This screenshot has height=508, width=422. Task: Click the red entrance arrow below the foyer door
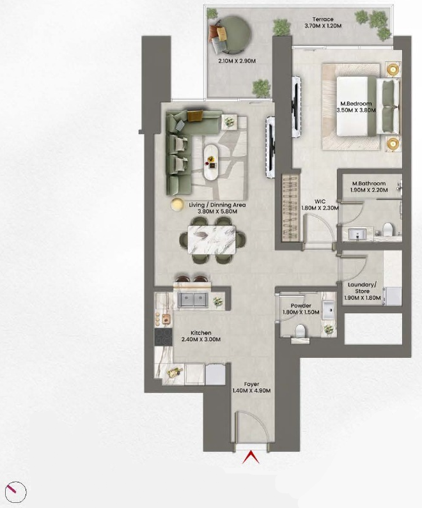coord(251,457)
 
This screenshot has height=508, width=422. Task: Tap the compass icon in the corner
coord(15,491)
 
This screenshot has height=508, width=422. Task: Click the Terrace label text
coord(323,19)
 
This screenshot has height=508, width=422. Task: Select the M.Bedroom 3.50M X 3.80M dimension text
coord(356,110)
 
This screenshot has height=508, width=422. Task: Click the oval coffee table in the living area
coord(213,162)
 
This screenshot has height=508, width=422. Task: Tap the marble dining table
coord(213,240)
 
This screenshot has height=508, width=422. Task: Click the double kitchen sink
coord(194,300)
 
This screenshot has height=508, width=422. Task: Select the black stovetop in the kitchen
coord(163,337)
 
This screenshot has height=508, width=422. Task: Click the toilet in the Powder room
coord(300,330)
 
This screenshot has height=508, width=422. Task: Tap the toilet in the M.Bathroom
coord(388,229)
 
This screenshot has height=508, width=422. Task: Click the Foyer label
coord(251,385)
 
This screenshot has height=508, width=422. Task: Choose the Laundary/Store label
coord(362,288)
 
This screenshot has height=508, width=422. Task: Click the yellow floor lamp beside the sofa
coord(177,204)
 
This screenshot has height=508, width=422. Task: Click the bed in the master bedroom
coord(368,105)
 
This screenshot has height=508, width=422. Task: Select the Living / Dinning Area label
coord(217,205)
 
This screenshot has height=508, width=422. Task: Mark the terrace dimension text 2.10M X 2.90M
coord(237,61)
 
